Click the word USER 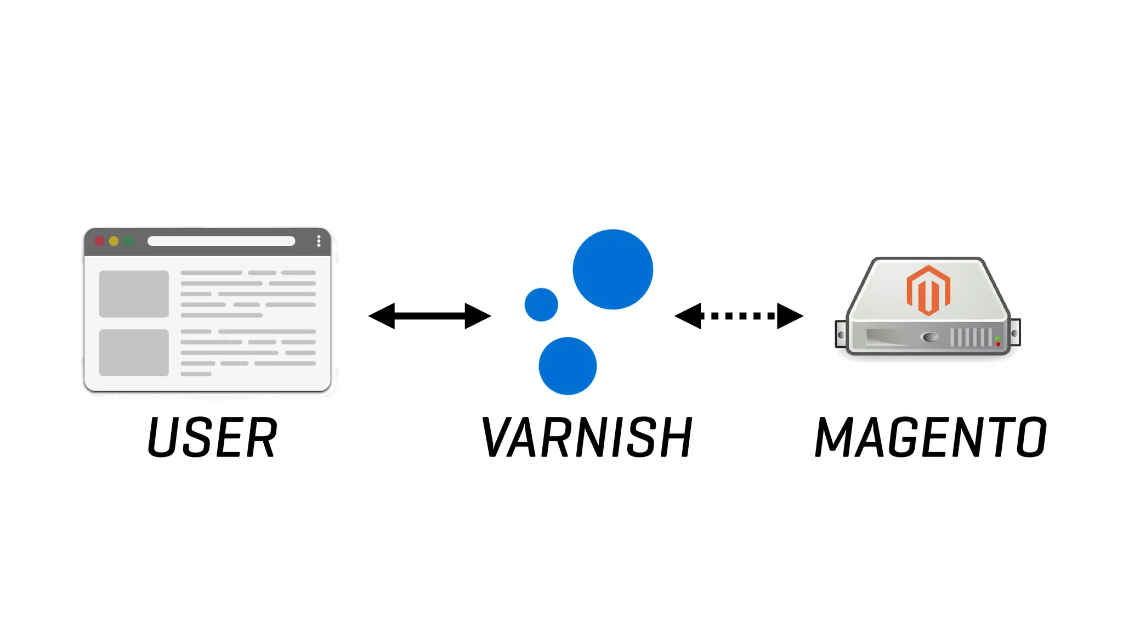tap(213, 437)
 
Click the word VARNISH tap(587, 437)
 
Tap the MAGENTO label tap(931, 437)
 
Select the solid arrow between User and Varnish tap(429, 315)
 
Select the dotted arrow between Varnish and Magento tap(739, 315)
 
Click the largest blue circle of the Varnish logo tap(612, 269)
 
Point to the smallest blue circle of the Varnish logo tap(541, 304)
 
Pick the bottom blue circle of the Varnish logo tap(568, 366)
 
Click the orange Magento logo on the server tap(928, 290)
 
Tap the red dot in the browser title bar tap(99, 241)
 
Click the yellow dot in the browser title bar tap(114, 241)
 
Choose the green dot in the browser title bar tap(128, 241)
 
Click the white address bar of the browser tap(221, 241)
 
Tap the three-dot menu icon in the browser tap(319, 241)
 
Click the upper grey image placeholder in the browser tap(134, 294)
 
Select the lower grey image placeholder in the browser tap(134, 353)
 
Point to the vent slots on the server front tap(971, 337)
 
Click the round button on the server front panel tap(929, 337)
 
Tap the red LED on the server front tap(998, 344)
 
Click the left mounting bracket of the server tap(841, 335)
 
